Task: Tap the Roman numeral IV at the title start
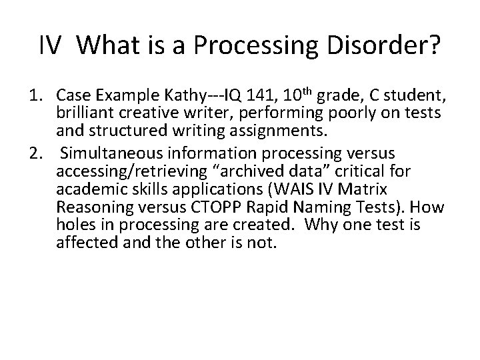(x=51, y=46)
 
